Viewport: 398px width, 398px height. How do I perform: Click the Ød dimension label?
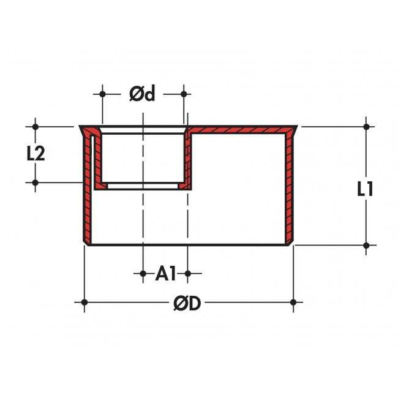pyautogui.click(x=142, y=94)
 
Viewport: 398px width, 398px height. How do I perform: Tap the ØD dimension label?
pyautogui.click(x=187, y=303)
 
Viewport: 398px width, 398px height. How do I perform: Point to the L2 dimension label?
pyautogui.click(x=36, y=153)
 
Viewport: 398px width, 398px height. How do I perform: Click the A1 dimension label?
pyautogui.click(x=165, y=273)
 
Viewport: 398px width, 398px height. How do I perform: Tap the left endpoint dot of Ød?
pyautogui.click(x=102, y=94)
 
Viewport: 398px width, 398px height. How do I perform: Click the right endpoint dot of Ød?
pyautogui.click(x=184, y=94)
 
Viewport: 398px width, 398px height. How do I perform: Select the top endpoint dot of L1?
pyautogui.click(x=366, y=126)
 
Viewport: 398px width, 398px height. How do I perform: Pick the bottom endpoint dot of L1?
pyautogui.click(x=366, y=246)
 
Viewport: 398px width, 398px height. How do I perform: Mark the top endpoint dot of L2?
pyautogui.click(x=36, y=126)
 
